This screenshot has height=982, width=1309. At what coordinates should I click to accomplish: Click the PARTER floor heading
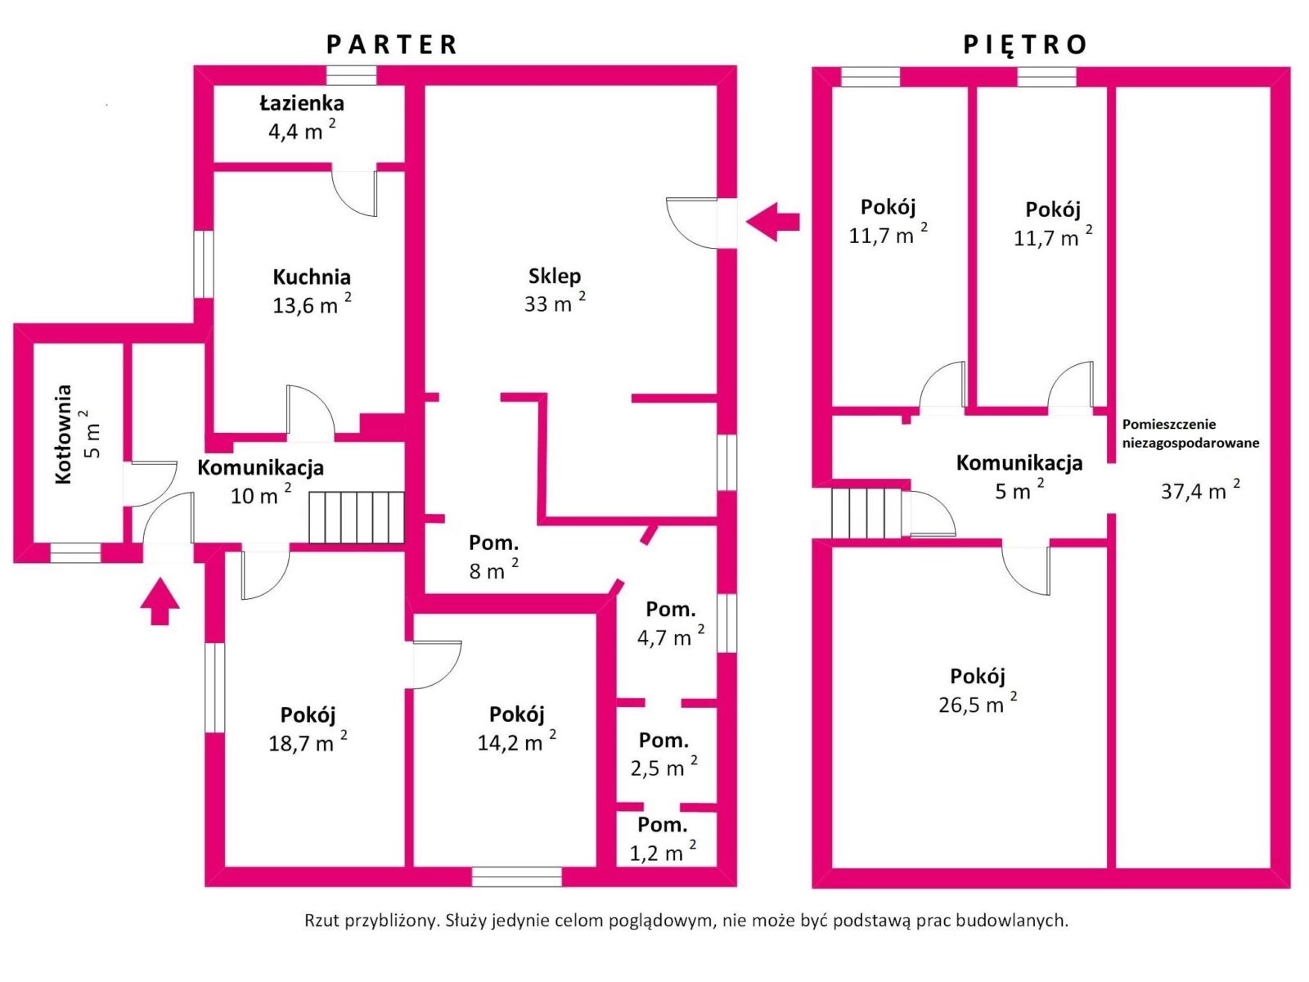[392, 44]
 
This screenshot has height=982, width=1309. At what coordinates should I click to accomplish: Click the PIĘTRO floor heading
[1025, 44]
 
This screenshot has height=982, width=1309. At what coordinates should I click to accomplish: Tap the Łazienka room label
[302, 104]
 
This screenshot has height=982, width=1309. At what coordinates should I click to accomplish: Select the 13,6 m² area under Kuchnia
[311, 305]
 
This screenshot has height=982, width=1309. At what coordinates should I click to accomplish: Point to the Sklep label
[555, 276]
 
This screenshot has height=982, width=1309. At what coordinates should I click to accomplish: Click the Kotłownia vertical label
[65, 435]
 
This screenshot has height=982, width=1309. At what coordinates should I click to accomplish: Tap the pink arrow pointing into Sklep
[772, 221]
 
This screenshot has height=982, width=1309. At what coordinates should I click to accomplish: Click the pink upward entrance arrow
[160, 601]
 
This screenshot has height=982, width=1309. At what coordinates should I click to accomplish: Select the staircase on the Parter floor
[356, 516]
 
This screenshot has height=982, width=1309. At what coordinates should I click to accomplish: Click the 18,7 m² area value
[307, 742]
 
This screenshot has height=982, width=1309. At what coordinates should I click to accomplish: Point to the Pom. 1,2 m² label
[663, 839]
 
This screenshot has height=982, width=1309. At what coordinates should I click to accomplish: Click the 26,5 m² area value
[978, 704]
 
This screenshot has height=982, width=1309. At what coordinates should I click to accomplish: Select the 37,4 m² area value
[1199, 491]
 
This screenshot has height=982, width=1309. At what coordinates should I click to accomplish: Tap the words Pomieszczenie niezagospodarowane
[1190, 434]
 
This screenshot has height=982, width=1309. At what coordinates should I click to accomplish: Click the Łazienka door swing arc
[357, 195]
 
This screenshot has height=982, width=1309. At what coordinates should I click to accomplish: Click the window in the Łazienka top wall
[352, 76]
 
